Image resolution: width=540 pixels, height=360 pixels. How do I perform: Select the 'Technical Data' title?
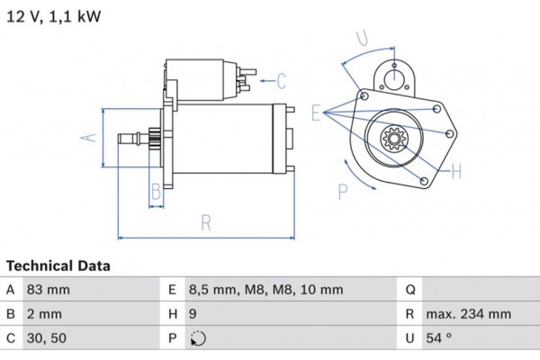[x=58, y=266]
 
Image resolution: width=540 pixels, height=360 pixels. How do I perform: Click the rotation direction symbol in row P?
[x=199, y=339]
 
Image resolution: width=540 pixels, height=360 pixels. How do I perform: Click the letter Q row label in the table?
[x=409, y=290]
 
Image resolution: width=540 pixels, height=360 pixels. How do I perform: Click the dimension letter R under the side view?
[x=206, y=220]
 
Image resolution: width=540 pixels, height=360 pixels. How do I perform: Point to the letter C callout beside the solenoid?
[x=281, y=82]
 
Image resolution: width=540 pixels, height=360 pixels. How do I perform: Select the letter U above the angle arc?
[x=362, y=39]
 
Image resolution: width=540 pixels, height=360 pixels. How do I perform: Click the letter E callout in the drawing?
[x=317, y=113]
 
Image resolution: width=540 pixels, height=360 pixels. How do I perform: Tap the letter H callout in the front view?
[x=456, y=169]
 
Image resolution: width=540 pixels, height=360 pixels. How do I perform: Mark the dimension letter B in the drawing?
[x=155, y=190]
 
